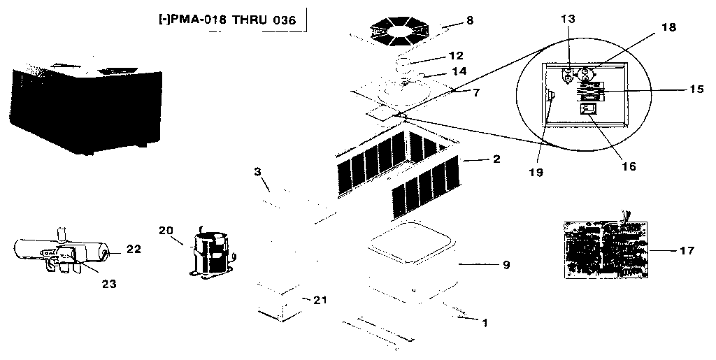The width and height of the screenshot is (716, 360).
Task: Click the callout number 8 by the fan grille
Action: click(469, 20)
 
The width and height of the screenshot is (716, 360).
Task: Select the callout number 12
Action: click(456, 55)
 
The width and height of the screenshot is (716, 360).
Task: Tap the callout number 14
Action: click(459, 71)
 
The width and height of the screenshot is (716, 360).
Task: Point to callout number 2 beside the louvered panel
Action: click(496, 159)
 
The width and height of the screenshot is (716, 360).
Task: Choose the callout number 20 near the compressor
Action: click(166, 231)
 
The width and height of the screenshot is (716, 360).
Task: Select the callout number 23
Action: click(108, 284)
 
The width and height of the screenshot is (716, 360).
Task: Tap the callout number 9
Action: click(506, 265)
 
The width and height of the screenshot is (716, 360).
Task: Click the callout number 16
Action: click(629, 166)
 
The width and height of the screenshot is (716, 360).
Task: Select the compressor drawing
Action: click(208, 253)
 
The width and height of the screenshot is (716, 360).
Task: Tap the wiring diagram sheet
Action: click(606, 249)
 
